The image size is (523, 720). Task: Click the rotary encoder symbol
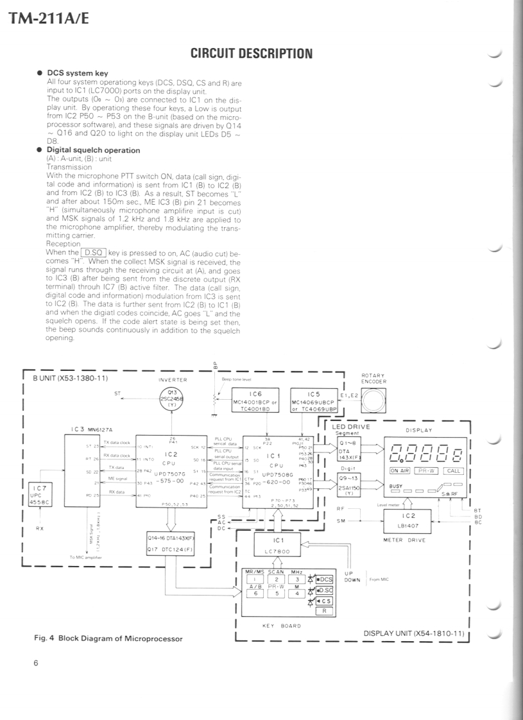point(373,401)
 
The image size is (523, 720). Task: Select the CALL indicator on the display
point(454,470)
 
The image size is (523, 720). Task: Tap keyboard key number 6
point(255,594)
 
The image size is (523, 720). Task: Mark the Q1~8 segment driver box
point(350,443)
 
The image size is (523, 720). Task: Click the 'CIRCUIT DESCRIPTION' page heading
point(252,54)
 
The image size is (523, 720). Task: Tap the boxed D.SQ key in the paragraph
point(94,252)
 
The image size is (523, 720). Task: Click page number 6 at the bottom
point(37,663)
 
